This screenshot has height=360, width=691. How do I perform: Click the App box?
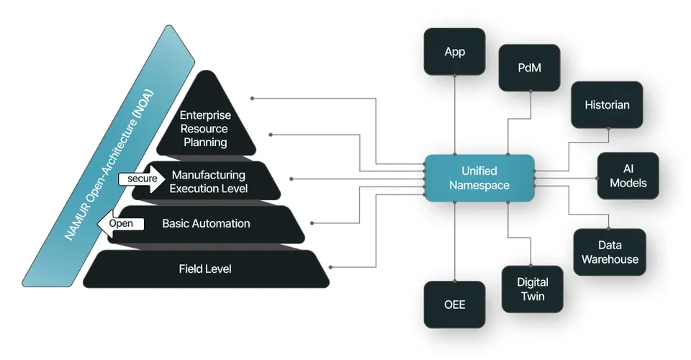tap(454, 52)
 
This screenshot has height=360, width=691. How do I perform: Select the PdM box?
tap(530, 68)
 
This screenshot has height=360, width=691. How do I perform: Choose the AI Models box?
tap(628, 176)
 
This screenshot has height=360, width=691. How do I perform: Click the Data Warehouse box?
tap(610, 252)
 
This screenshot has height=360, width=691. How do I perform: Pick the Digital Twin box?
tap(532, 289)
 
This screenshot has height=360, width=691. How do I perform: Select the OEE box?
tap(454, 304)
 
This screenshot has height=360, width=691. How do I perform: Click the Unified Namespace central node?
tap(479, 178)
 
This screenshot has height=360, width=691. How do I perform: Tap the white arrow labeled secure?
tap(142, 179)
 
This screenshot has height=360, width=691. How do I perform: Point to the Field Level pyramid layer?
tap(205, 269)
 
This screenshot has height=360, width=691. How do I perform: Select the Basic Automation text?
tap(206, 224)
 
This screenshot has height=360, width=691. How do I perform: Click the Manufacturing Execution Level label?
tap(208, 181)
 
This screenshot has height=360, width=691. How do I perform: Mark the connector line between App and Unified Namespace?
tap(455, 115)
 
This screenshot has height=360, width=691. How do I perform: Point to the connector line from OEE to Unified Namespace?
tap(455, 241)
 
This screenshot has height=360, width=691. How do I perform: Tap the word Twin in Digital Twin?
tap(533, 296)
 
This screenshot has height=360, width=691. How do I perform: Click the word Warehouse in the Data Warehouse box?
tap(610, 259)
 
